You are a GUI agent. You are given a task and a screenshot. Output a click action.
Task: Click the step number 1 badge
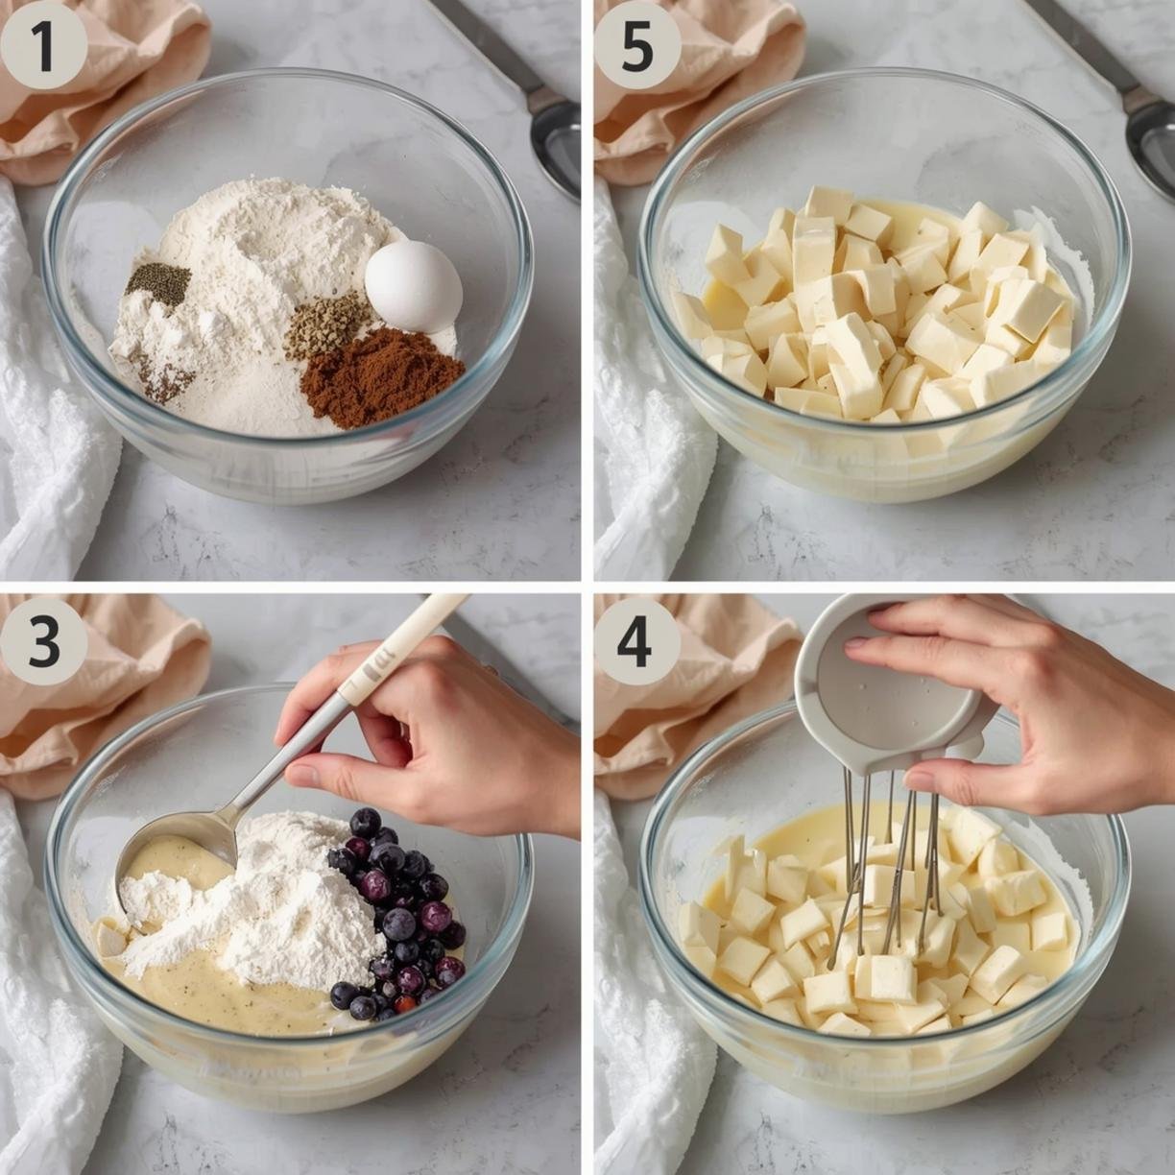pyautogui.click(x=44, y=45)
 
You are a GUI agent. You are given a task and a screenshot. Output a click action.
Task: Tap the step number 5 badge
pyautogui.click(x=637, y=45)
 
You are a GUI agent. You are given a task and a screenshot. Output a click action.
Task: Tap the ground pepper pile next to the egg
pyautogui.click(x=328, y=325)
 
